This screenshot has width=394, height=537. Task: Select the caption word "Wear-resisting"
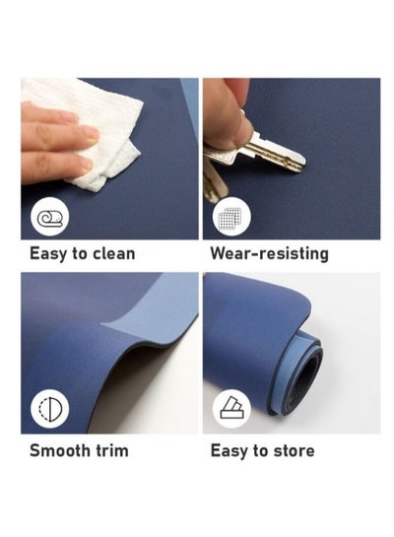point(270,254)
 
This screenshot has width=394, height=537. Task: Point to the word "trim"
point(112,450)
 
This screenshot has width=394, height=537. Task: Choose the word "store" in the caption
point(294,450)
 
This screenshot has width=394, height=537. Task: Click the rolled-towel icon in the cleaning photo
point(50,218)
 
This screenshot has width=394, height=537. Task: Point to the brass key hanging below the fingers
point(216,183)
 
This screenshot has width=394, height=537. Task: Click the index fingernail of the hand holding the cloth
point(90,132)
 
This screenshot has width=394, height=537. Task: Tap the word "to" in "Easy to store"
point(260,451)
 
